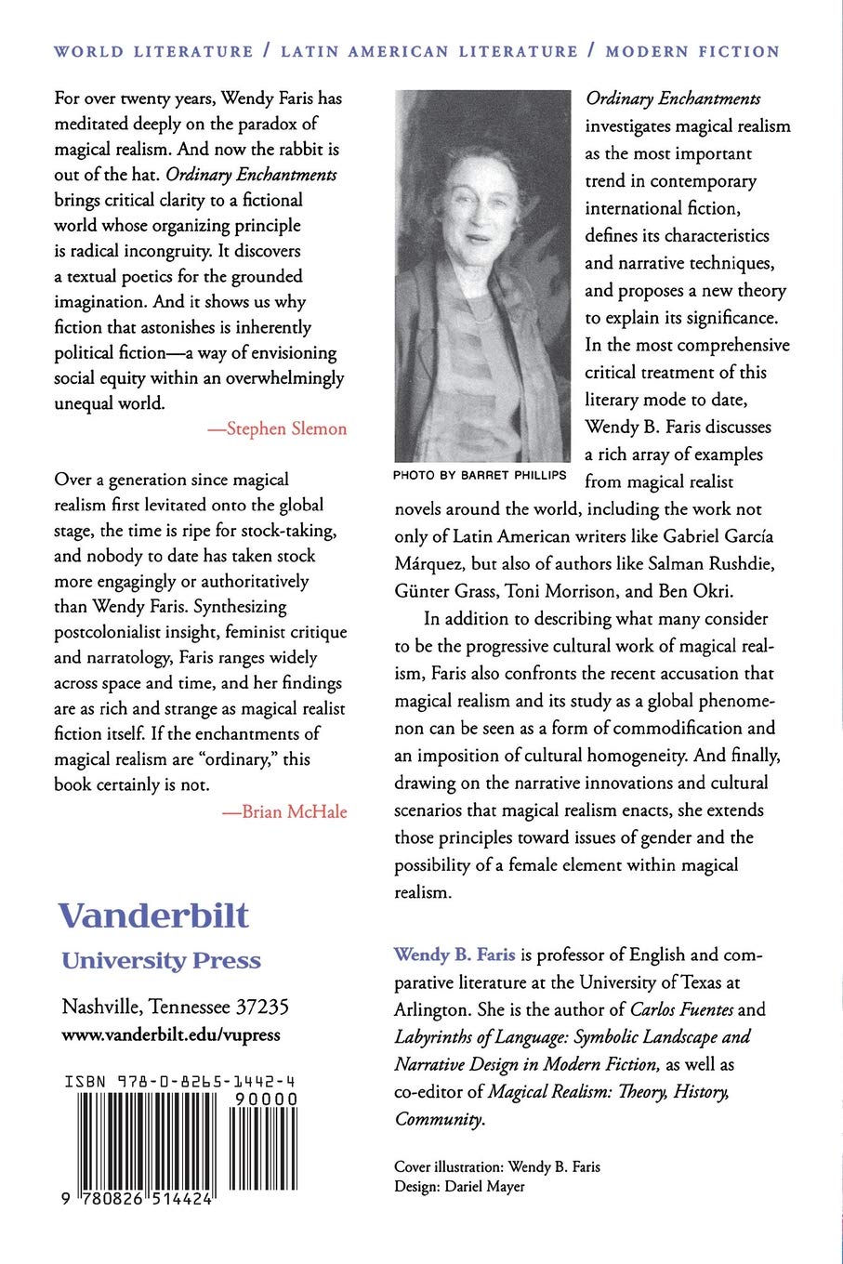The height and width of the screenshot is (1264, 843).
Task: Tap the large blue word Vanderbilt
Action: point(153,915)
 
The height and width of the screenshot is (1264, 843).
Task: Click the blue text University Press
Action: point(161,961)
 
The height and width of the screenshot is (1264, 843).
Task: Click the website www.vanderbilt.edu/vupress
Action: point(170,1034)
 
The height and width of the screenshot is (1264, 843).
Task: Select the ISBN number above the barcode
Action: point(180,1082)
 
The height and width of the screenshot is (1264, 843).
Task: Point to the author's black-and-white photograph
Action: point(481,275)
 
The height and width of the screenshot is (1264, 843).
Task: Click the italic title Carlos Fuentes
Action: point(681,1009)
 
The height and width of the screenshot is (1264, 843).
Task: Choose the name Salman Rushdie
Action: point(709,564)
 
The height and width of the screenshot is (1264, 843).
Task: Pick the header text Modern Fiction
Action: point(692,52)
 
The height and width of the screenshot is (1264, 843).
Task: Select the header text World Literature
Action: point(153,52)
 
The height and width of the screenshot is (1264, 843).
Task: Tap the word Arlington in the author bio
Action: point(429,1009)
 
